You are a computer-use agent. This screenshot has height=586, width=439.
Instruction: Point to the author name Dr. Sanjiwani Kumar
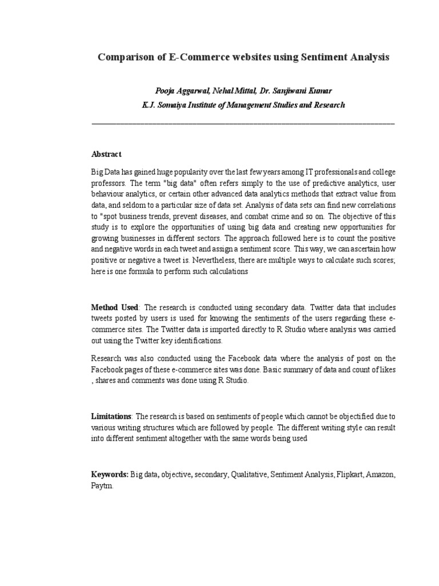297,92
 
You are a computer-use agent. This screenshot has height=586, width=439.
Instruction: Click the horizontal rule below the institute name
243,124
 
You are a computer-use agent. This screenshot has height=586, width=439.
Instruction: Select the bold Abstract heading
106,155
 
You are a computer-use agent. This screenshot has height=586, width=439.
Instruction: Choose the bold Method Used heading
115,308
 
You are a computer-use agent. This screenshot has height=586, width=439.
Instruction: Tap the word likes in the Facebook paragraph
385,370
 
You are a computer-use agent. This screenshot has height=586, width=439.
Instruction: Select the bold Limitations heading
111,416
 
